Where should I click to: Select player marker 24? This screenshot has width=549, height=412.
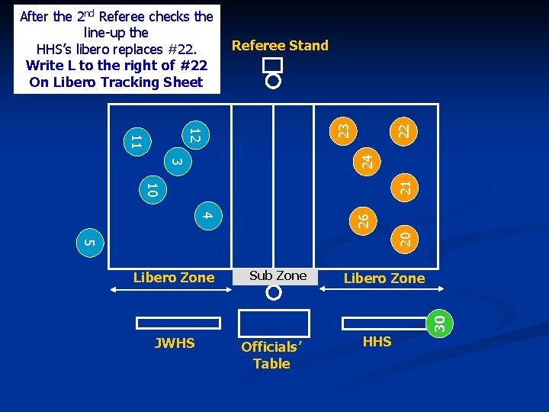[367, 161]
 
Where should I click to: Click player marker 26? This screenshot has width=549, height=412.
[364, 220]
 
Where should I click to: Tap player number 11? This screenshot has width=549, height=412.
[136, 140]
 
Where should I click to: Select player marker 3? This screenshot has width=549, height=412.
[176, 161]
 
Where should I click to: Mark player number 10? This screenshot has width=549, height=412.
[152, 191]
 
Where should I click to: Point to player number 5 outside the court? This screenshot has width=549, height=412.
[88, 243]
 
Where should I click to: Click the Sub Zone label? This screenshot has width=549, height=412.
[278, 275]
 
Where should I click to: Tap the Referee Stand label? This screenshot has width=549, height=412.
[280, 45]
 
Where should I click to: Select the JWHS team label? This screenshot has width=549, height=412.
[175, 343]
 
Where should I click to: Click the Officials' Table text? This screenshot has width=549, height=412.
[271, 355]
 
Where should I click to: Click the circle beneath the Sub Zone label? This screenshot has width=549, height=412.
[274, 292]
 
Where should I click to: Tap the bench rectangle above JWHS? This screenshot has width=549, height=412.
[178, 323]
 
